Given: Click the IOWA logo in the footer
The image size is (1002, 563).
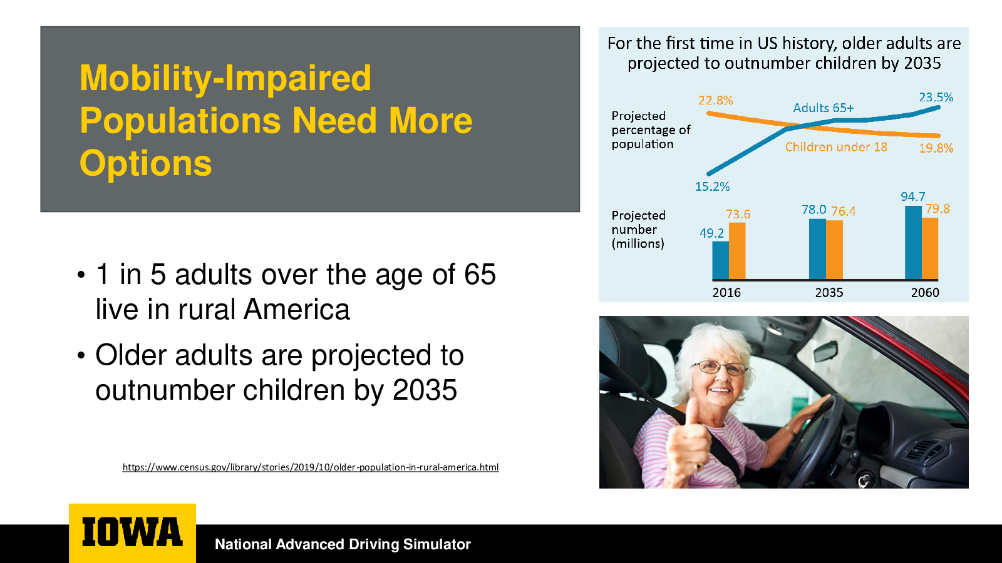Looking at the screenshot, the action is click(132, 532).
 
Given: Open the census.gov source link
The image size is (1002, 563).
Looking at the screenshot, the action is click(311, 467).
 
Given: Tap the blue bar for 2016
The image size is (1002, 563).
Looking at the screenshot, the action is click(720, 260).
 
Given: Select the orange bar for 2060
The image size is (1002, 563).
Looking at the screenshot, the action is click(930, 249).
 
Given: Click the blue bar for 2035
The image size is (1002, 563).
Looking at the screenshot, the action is click(817, 250).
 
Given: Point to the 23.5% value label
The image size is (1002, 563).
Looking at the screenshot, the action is click(936, 98).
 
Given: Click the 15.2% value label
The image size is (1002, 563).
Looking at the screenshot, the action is click(712, 186).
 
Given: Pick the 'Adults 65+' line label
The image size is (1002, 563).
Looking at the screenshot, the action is click(823, 108).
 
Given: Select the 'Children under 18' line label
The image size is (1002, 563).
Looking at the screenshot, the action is click(836, 147).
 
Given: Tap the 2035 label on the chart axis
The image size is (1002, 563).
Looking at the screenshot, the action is click(829, 293).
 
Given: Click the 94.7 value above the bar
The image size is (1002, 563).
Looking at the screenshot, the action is click(912, 196).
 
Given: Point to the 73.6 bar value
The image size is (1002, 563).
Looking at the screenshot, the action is click(738, 215).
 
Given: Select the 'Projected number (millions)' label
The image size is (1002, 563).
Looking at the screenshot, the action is click(638, 229).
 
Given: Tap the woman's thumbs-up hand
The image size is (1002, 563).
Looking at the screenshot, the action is click(688, 441).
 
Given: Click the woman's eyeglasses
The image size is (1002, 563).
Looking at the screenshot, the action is click(719, 368).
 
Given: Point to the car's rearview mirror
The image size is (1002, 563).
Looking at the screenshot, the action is click(826, 351).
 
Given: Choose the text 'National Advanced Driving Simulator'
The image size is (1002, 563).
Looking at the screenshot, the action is click(343, 544).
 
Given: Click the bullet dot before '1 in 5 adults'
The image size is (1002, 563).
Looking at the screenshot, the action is click(81, 275).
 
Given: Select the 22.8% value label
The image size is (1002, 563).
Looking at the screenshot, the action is click(715, 100).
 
